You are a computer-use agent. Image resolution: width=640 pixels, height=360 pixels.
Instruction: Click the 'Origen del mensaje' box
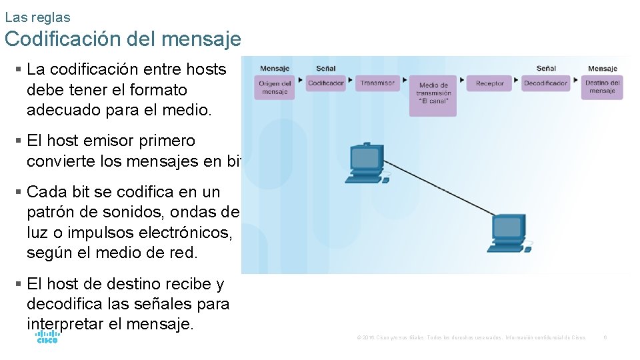(x=274, y=87)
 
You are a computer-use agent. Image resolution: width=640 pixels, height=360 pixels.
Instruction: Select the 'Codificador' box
(x=326, y=83)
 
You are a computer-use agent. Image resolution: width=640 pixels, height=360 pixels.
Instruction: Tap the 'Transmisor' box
(x=377, y=83)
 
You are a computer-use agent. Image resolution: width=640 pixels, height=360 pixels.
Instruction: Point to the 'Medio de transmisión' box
(x=433, y=94)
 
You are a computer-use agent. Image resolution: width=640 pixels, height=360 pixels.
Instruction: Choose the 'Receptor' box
(x=490, y=83)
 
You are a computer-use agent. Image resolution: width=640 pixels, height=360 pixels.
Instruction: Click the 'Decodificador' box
(x=545, y=83)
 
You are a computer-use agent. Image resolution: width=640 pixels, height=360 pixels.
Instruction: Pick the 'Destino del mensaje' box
(x=602, y=87)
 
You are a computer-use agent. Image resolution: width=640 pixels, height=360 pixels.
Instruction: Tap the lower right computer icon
(x=511, y=233)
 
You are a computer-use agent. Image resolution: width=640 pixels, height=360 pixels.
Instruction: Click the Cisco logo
(x=47, y=337)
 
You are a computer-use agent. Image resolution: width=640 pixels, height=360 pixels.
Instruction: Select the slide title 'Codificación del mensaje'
(x=123, y=39)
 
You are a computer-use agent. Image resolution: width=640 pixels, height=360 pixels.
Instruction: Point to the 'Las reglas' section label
(x=37, y=17)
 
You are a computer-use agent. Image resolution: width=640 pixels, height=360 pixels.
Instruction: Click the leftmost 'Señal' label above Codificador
(x=326, y=68)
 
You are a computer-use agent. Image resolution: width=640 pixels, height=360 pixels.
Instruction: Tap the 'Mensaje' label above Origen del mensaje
(x=274, y=68)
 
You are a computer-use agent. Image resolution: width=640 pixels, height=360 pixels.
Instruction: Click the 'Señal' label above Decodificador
(x=545, y=68)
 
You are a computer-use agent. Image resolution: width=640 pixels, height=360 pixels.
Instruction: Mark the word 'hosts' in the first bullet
(x=206, y=69)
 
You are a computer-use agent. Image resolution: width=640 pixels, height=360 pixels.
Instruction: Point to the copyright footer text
(x=471, y=338)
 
